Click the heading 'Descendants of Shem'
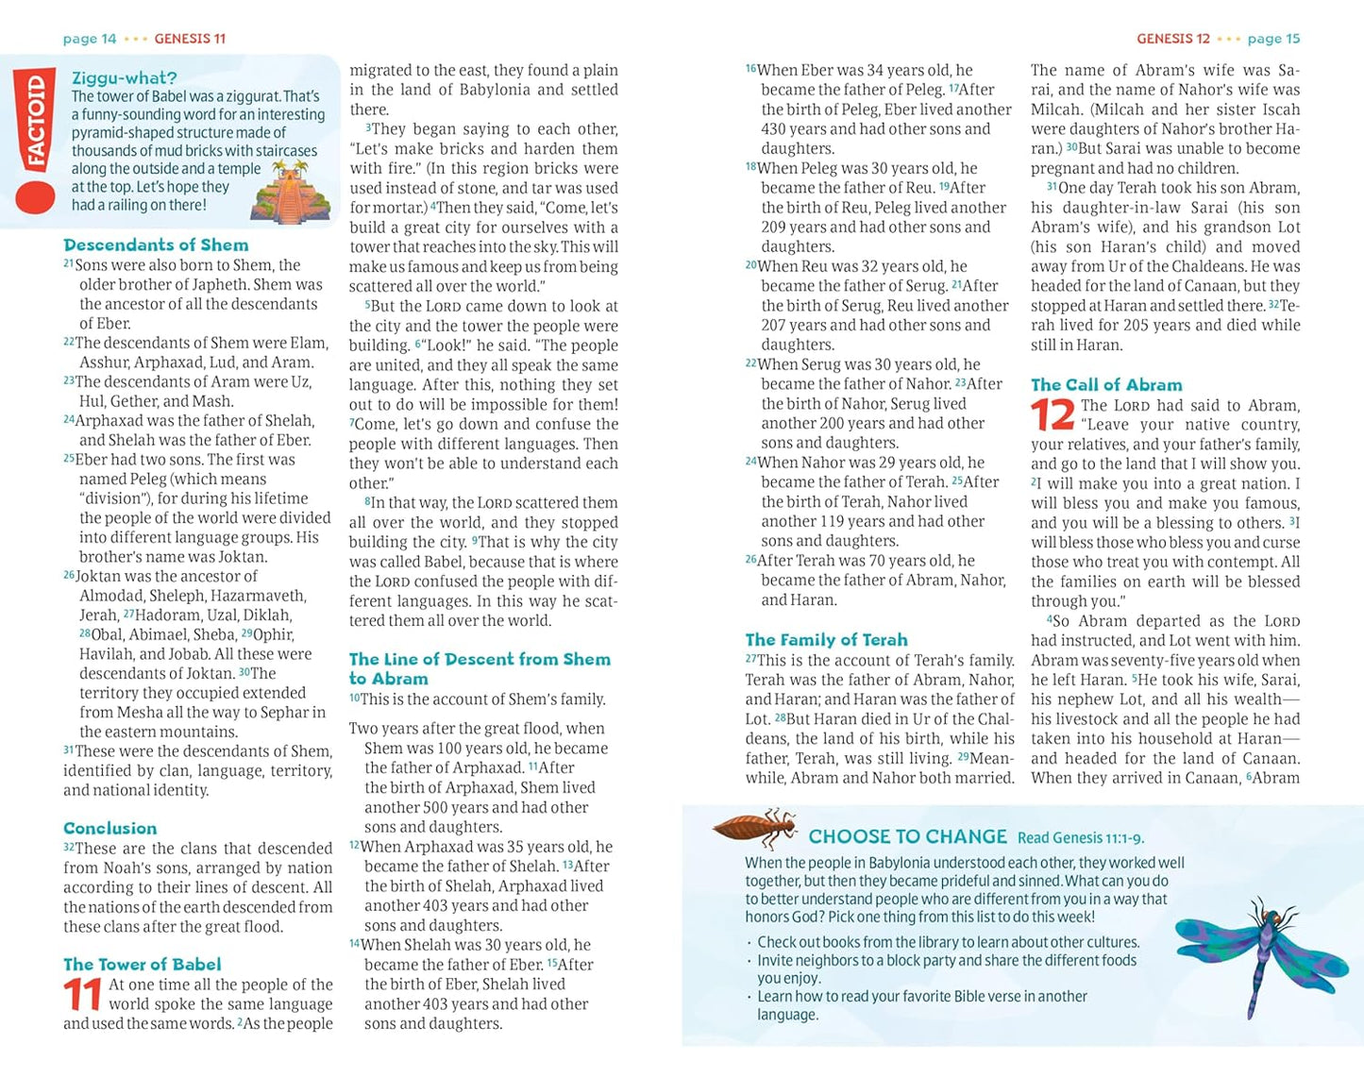(156, 244)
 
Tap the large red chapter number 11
(83, 995)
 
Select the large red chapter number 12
(1052, 415)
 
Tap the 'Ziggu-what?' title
(124, 78)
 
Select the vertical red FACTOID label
(36, 122)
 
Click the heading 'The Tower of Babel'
(142, 964)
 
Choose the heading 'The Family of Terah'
(826, 639)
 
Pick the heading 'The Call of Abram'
(1106, 384)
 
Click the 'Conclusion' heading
(109, 828)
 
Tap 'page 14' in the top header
(90, 39)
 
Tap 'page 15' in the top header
(1273, 39)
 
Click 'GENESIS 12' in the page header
(1172, 39)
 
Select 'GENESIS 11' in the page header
(190, 39)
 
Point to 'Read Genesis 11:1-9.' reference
(1081, 837)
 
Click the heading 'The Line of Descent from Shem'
(480, 659)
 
